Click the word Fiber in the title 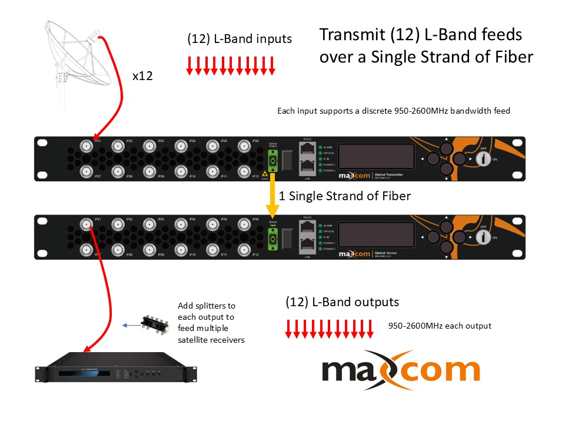512,57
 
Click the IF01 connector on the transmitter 87,145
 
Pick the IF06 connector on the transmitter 244,145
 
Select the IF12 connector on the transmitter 244,171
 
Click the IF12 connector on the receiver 244,250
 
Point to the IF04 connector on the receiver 181,224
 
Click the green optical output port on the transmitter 273,159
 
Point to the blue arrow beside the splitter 130,324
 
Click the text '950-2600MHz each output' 440,326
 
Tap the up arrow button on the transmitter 446,147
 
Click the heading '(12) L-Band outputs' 342,302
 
